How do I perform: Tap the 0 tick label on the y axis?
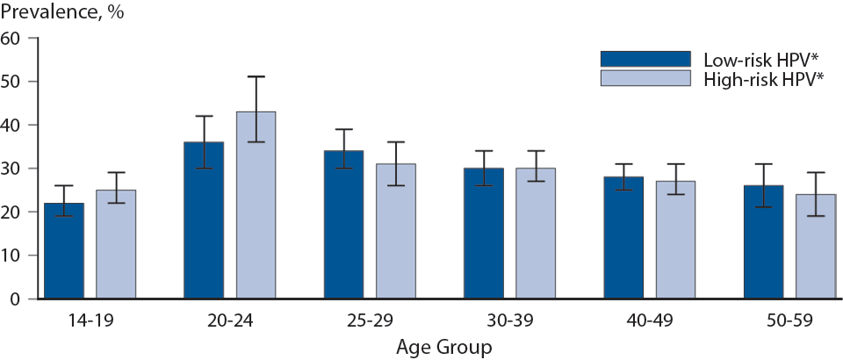15,299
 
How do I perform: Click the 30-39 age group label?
509,321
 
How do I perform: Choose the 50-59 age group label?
789,321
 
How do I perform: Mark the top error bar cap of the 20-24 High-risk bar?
256,76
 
